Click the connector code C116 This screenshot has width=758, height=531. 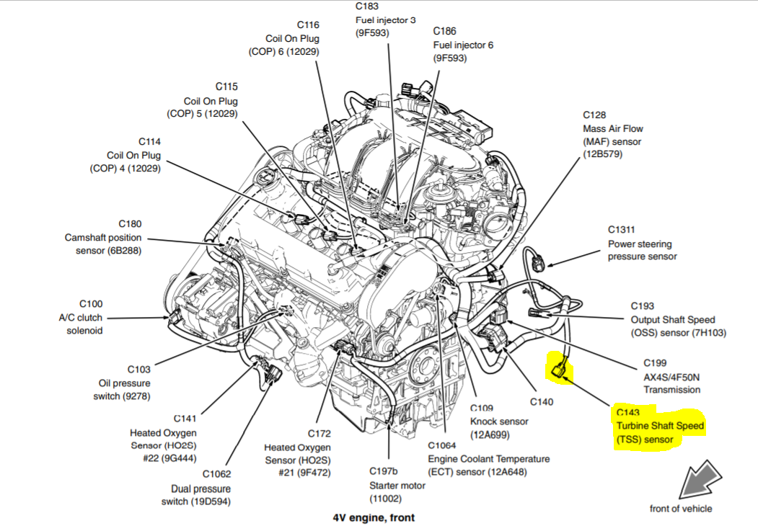coord(307,25)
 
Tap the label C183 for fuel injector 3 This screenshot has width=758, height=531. coord(367,6)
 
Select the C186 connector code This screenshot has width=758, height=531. coord(445,31)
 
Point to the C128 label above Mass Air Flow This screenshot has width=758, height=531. coord(595,115)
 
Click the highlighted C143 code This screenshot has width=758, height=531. coord(629,413)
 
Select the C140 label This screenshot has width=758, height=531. coord(541,401)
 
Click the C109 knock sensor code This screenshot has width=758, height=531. coord(482,408)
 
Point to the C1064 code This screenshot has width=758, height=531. coord(442,445)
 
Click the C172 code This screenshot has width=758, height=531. coord(319,434)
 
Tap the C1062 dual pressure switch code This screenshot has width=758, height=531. coord(216,474)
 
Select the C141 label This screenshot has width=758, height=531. coord(185,419)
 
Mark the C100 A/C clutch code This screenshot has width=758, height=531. coord(91,304)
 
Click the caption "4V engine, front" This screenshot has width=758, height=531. coord(374,517)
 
